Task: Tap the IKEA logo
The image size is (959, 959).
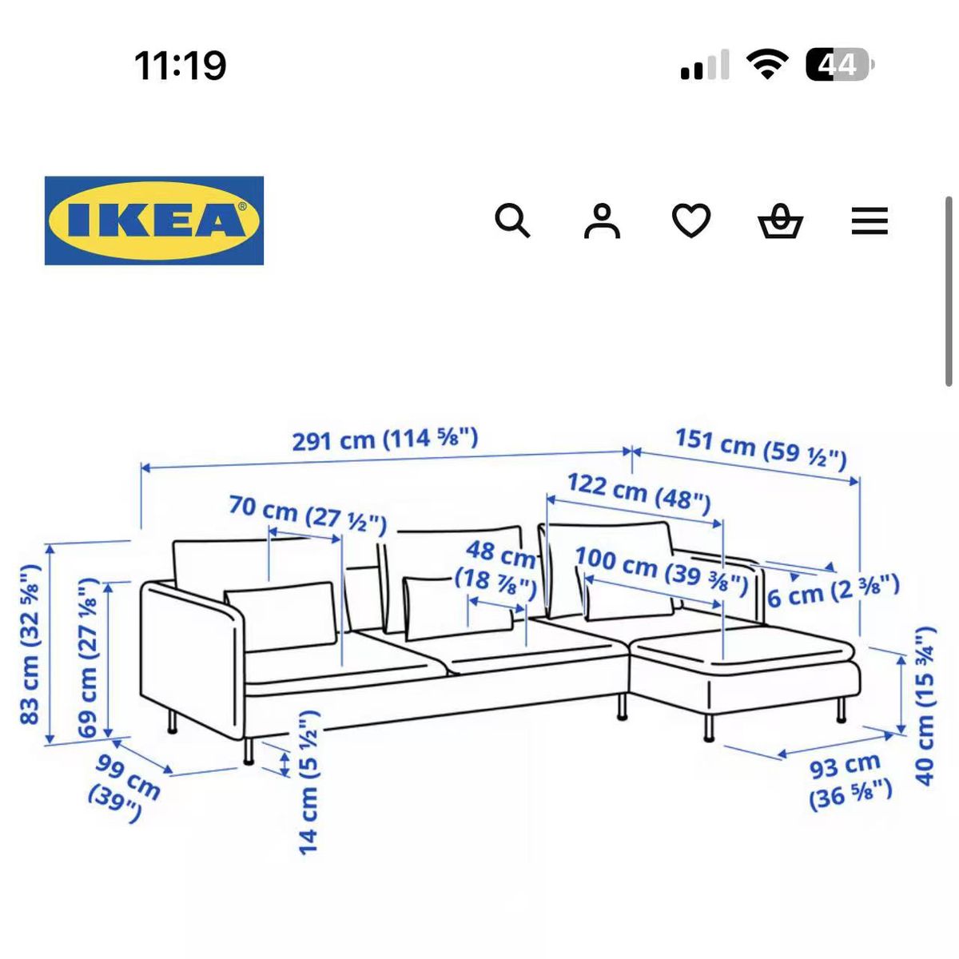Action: [153, 221]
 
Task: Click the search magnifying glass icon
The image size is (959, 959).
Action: [512, 221]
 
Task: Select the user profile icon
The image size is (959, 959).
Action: [602, 221]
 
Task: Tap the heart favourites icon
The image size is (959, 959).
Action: [691, 221]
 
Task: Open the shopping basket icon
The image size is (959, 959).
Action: [780, 221]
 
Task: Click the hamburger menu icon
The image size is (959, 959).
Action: [869, 221]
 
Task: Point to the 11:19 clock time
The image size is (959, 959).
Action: [180, 66]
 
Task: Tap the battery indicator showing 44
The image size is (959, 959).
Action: [840, 65]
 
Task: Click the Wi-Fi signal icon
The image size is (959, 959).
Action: [767, 64]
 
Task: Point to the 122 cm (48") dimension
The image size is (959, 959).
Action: [639, 494]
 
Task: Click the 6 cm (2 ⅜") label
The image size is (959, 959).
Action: [834, 591]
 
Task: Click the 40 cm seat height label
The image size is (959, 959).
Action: [925, 706]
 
